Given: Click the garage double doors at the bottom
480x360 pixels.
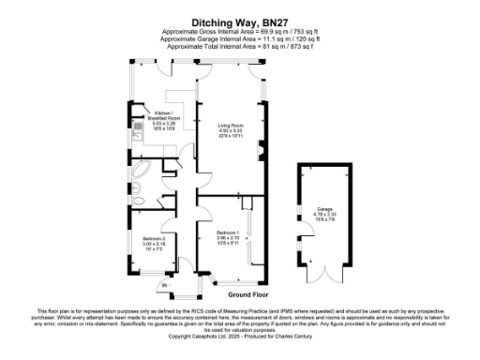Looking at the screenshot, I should coord(324,277).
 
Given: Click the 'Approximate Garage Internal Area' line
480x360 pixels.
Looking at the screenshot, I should coord(239,40).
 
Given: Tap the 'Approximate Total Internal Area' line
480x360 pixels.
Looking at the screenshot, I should coord(239,47).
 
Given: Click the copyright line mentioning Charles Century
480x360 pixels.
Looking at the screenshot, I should coord(239,334).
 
